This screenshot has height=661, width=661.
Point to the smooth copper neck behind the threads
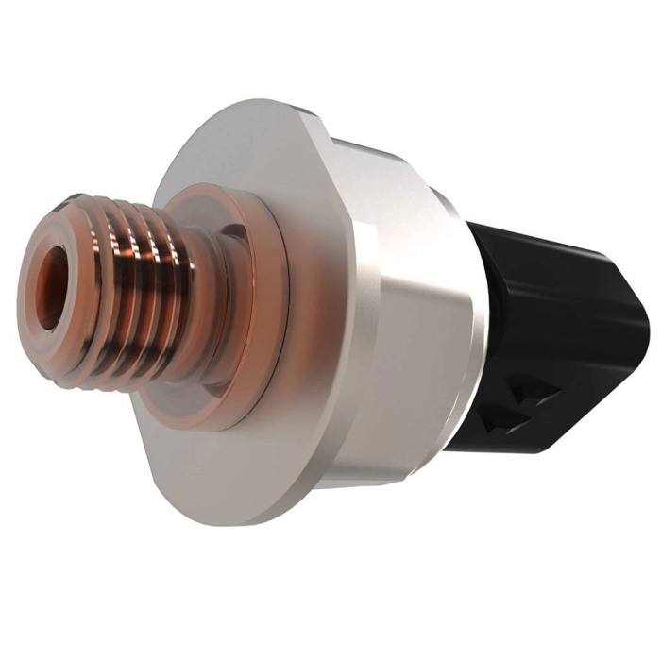204,312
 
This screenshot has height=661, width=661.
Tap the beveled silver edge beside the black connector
463,312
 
